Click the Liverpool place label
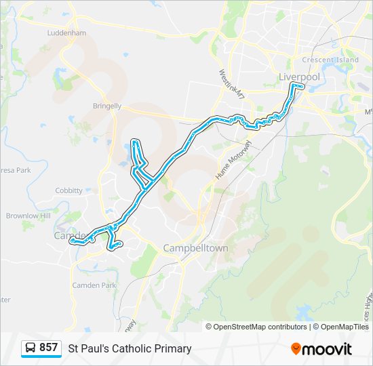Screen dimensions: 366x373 coord(299,77)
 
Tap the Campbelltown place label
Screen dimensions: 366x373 coord(195,249)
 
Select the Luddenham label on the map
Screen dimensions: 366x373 coord(66,33)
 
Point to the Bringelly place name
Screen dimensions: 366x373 coord(107,106)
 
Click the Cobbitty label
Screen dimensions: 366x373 coord(68,191)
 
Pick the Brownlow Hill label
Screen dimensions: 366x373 coord(28,216)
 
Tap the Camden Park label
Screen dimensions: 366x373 coord(94,285)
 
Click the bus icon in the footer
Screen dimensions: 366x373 coord(31,348)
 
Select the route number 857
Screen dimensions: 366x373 coord(48,348)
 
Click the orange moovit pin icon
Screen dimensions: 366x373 coord(296,349)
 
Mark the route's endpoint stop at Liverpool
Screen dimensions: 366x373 coord(293,86)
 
